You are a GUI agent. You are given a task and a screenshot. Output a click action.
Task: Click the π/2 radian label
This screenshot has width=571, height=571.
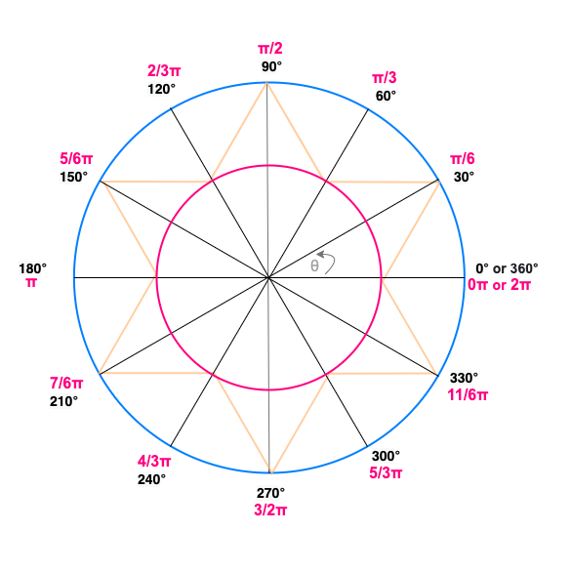(270, 49)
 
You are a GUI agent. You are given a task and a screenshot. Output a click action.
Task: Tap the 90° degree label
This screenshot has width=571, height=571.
(271, 66)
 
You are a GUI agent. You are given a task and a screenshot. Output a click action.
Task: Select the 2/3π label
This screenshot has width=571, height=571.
(164, 70)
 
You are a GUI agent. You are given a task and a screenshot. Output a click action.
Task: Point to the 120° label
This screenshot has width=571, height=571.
(161, 89)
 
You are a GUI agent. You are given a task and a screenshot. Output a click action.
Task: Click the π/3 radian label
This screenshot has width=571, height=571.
(385, 77)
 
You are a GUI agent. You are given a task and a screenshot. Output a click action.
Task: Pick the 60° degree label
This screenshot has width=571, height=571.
(386, 96)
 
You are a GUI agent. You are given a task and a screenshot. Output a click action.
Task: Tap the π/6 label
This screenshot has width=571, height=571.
(463, 159)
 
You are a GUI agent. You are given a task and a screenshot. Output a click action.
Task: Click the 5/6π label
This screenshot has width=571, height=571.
(76, 159)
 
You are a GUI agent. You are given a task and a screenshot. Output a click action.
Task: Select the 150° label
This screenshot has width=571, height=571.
(73, 177)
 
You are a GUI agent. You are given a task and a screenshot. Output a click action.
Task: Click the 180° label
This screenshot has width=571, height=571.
(32, 268)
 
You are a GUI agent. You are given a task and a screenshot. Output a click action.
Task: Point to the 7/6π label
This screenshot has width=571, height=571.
(66, 383)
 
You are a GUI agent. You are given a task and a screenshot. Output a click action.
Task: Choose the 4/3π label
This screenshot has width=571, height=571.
(154, 462)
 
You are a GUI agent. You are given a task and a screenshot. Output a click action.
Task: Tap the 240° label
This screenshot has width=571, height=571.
(151, 479)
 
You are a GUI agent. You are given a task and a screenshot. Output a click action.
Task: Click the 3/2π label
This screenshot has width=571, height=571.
(270, 510)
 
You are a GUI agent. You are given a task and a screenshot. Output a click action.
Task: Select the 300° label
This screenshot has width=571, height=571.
(386, 456)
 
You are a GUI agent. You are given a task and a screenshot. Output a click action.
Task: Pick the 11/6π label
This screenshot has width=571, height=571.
(468, 394)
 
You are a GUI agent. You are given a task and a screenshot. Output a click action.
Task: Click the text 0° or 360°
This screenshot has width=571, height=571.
(507, 268)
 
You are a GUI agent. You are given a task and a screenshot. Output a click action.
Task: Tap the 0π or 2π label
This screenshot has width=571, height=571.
(499, 285)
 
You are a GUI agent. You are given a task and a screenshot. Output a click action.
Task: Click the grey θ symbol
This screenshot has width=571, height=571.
(314, 265)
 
